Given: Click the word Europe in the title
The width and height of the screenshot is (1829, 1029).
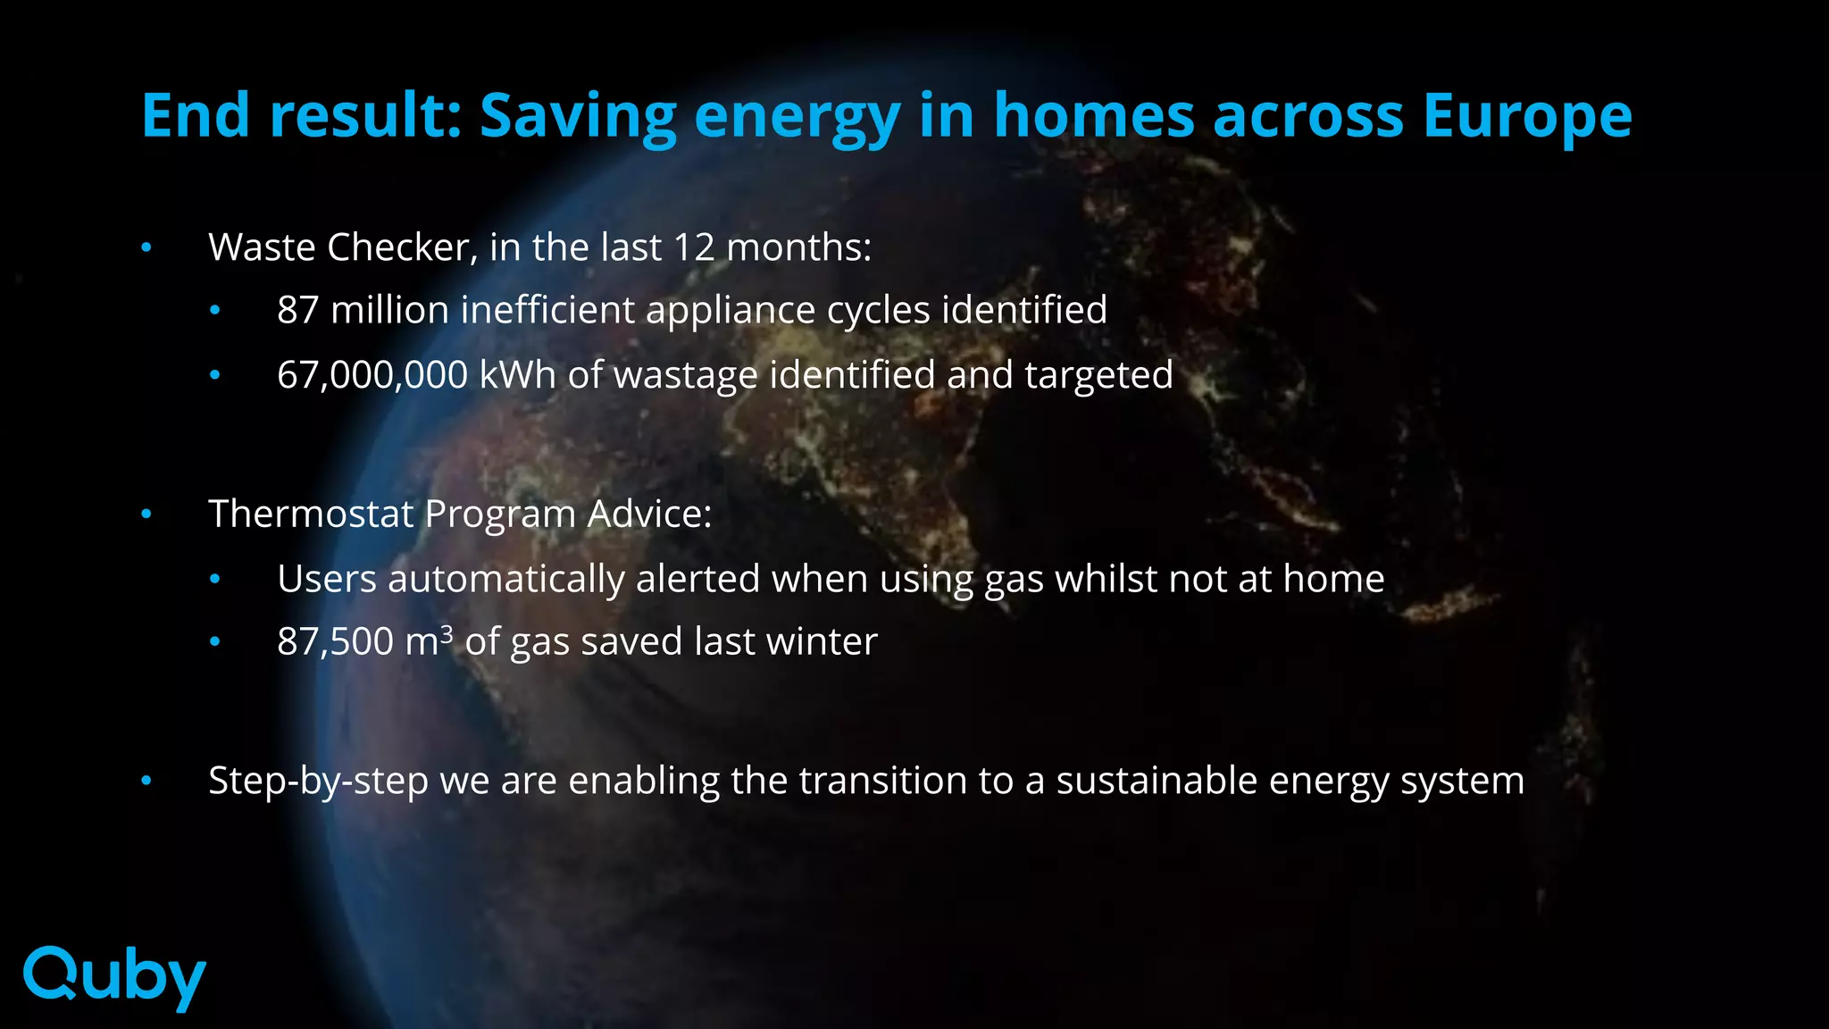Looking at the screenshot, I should [x=1527, y=116].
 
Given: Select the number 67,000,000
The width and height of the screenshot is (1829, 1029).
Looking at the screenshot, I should [x=372, y=375].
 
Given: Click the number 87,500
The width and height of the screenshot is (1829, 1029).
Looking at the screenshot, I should [x=335, y=641].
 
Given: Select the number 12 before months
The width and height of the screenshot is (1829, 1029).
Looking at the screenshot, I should [x=694, y=247].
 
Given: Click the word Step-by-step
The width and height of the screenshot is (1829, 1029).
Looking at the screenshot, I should [x=318, y=782].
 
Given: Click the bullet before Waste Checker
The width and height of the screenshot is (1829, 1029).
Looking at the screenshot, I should [x=146, y=247].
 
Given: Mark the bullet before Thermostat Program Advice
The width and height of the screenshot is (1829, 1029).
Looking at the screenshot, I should [x=146, y=514].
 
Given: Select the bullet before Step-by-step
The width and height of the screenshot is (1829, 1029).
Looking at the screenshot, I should [x=146, y=782].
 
